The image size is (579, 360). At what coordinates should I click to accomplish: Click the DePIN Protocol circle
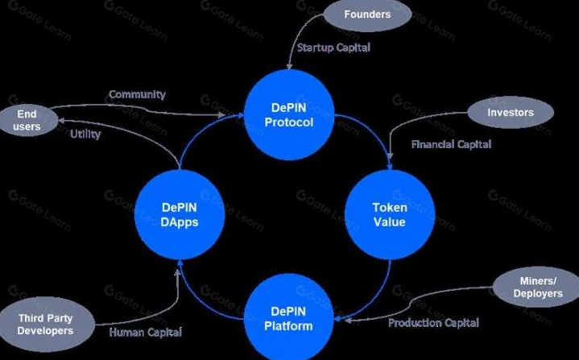coord(288,115)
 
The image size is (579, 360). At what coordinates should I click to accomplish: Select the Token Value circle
coord(389,214)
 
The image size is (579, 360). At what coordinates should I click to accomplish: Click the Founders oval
coord(366,15)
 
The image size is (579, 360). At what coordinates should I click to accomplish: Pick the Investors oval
coord(510,113)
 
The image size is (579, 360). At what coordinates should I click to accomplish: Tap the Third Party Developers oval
coord(46,325)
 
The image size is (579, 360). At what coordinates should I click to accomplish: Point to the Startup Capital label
coord(333,48)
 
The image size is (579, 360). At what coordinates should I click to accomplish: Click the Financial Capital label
coord(451,145)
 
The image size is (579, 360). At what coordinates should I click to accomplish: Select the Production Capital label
coord(433,323)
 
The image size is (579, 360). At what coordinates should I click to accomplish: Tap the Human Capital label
coord(145,332)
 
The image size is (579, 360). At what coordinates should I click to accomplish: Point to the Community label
coord(137,94)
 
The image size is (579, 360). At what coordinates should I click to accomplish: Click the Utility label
coord(85,134)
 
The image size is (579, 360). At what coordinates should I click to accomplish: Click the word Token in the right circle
coord(390,207)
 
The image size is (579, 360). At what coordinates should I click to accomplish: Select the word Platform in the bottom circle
coord(288,325)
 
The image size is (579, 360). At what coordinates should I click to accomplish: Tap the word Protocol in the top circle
coord(288,122)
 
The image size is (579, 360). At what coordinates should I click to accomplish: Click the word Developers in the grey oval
coord(46,331)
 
